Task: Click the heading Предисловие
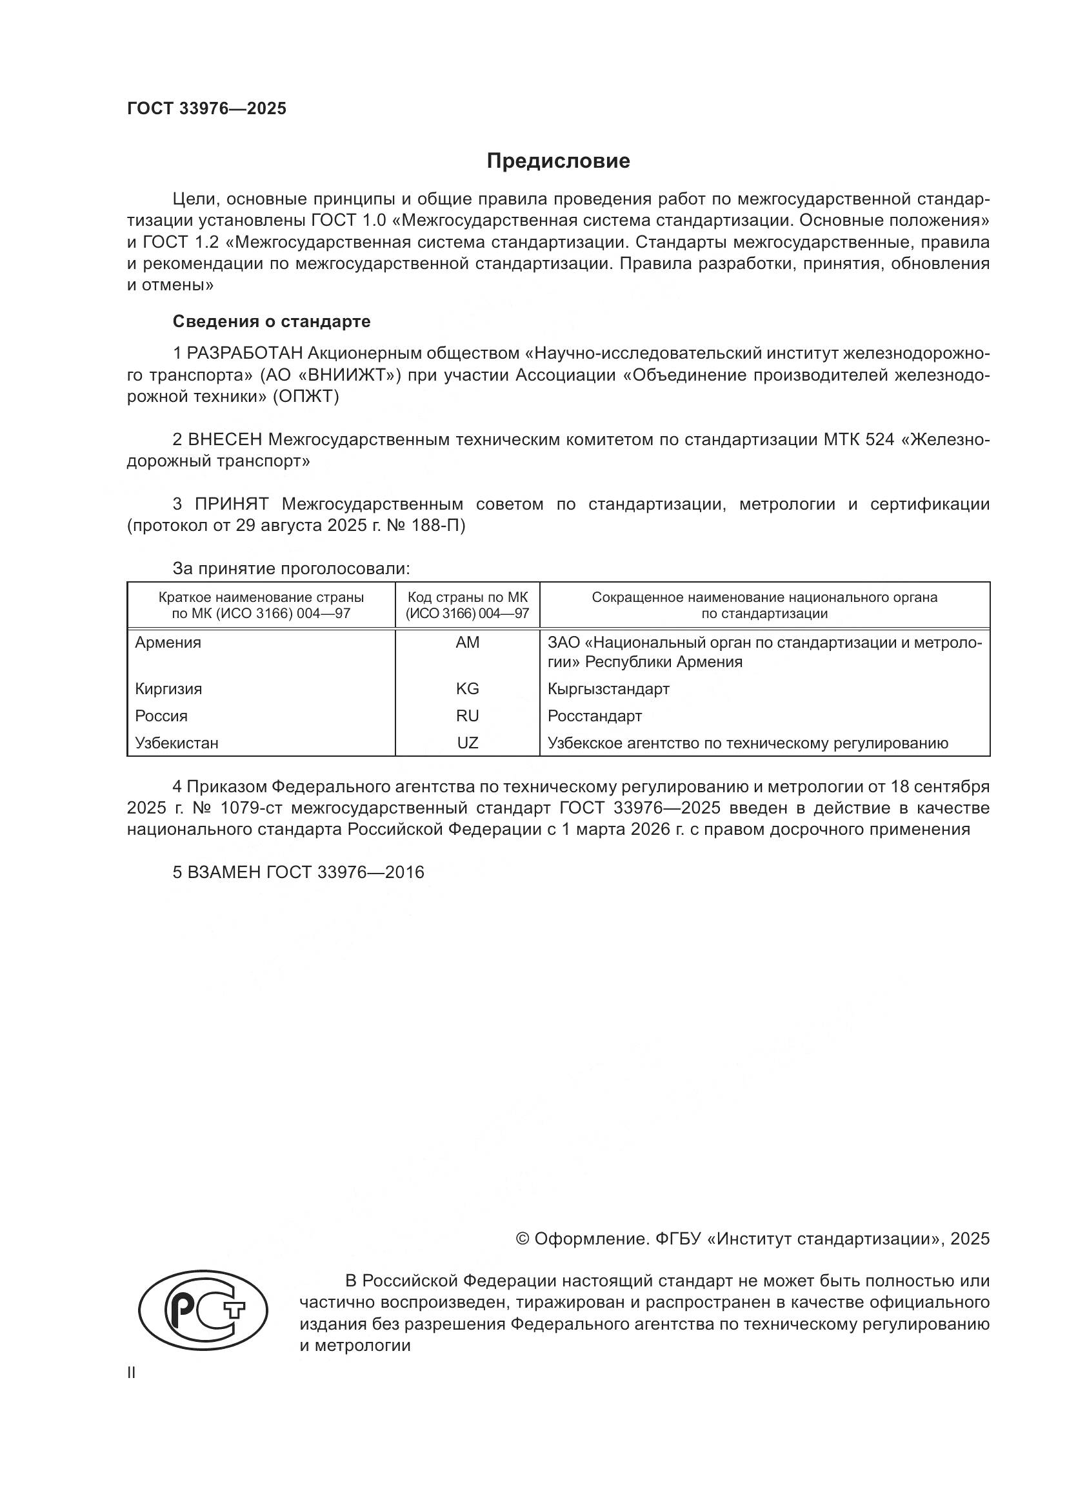pos(558,161)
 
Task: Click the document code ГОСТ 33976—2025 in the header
pos(207,108)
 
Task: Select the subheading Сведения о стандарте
pos(272,321)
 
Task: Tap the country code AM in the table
pos(467,643)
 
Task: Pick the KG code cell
pos(467,689)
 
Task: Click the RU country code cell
pos(467,715)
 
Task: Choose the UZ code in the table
pos(467,743)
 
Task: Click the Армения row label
pos(168,643)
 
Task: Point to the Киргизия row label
pos(168,689)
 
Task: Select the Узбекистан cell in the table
pos(177,743)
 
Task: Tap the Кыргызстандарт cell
pos(608,689)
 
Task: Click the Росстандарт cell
pos(595,715)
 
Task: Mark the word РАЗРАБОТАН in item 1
pos(245,354)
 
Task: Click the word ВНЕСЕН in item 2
pos(224,439)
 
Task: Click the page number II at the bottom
pos(132,1374)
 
